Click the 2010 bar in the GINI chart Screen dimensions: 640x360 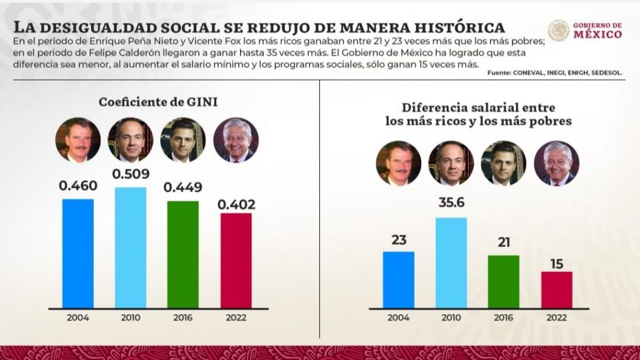pos(131,247)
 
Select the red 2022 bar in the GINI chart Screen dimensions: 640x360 pos(236,261)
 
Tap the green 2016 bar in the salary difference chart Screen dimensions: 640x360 pos(504,282)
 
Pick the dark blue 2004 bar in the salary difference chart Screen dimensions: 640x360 pos(398,279)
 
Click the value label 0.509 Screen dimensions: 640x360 pos(131,174)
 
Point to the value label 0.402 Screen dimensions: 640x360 pos(236,204)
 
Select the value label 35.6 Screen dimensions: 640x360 pos(451,202)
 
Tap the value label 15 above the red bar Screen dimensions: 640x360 pos(557,264)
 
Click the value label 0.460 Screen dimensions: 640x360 pos(78,186)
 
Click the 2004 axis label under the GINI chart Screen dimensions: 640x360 pos(78,317)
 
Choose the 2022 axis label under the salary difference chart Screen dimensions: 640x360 pos(557,317)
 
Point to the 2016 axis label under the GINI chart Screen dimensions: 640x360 pos(183,317)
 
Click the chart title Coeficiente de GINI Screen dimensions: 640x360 pos(158,102)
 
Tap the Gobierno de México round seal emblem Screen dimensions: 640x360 pos(559,31)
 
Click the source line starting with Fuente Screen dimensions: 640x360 pos(555,73)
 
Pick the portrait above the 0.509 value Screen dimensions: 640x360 pos(131,140)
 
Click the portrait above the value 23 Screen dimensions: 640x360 pos(398,163)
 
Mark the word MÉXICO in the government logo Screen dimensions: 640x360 pos(597,34)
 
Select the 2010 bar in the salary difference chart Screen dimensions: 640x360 pos(451,263)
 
